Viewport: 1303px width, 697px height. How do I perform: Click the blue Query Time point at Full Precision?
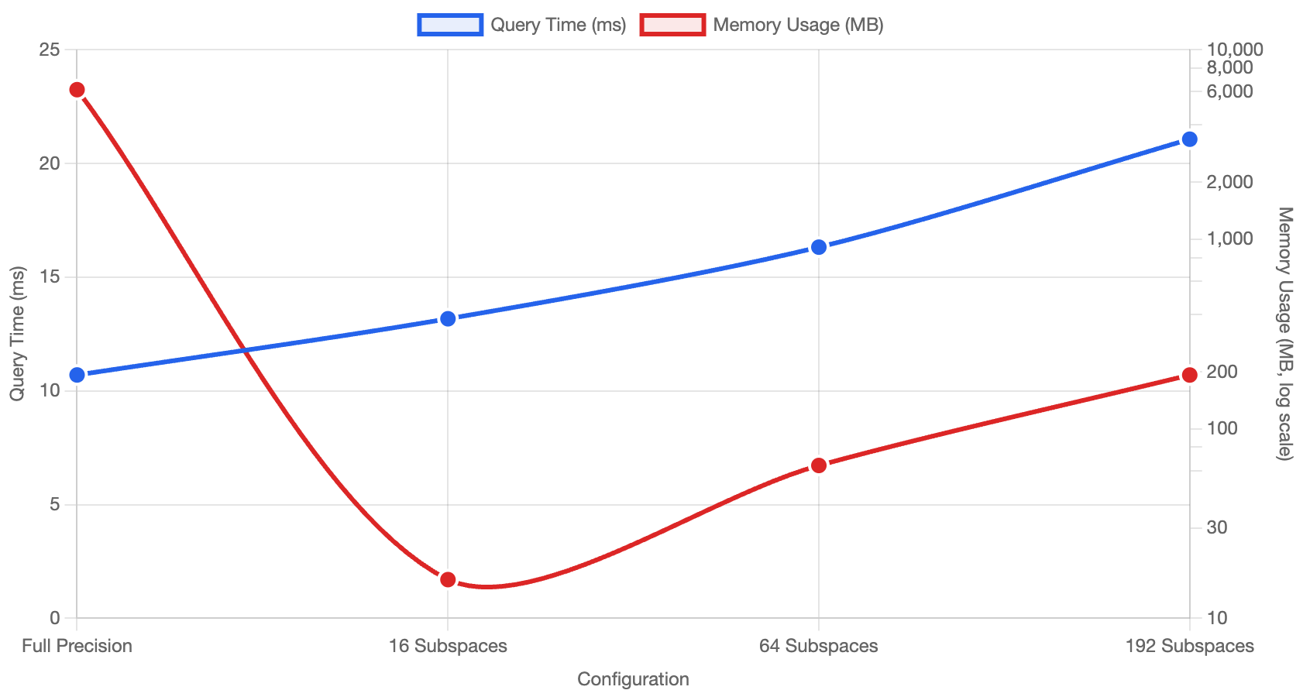point(77,375)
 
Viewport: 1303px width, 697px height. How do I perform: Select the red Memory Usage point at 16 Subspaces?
point(448,579)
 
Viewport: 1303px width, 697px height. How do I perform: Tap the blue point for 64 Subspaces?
point(819,247)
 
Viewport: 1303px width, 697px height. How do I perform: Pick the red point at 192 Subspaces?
point(1190,375)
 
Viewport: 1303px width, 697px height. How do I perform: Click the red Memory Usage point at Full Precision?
point(77,90)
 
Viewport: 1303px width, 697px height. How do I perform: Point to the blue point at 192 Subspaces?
point(1190,139)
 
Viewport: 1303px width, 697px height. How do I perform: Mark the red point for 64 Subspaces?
point(819,465)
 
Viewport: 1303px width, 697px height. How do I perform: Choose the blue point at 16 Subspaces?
point(448,318)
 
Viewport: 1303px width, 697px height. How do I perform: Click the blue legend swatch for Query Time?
point(450,25)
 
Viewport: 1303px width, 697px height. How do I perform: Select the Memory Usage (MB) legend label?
point(798,25)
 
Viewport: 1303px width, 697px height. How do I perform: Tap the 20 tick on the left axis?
point(50,163)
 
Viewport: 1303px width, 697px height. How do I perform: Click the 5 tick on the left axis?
point(54,504)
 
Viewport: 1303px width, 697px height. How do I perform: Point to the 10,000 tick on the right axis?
point(1234,50)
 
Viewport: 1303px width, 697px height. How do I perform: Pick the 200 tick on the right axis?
point(1222,372)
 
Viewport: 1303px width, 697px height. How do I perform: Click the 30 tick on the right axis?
point(1217,527)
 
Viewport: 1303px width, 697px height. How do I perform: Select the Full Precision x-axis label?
point(77,646)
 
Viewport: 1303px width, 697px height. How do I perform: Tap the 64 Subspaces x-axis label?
point(819,646)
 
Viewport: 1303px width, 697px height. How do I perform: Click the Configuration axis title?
point(633,679)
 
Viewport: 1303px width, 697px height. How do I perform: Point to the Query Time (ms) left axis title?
point(17,333)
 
